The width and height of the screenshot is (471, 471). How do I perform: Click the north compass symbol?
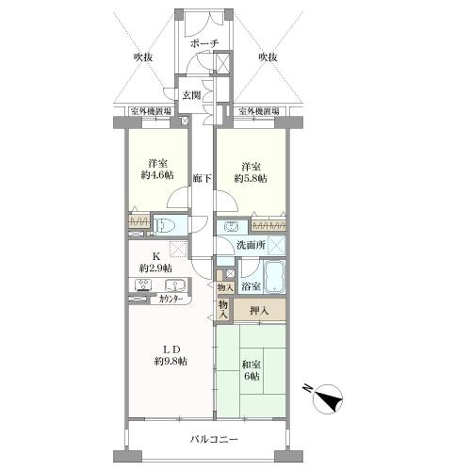click(328, 398)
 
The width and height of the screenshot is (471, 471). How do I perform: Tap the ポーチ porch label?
click(204, 43)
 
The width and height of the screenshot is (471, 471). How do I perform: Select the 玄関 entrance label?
click(191, 95)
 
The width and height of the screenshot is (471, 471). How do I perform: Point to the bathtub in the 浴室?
click(274, 276)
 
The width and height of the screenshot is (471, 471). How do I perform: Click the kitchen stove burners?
click(143, 285)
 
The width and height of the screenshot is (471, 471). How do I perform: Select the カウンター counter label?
click(171, 300)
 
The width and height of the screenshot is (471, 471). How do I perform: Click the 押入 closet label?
click(259, 311)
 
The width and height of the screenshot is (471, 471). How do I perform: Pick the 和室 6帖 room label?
click(251, 370)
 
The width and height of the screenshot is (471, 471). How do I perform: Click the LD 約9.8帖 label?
click(171, 355)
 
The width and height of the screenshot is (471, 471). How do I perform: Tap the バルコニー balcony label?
click(214, 439)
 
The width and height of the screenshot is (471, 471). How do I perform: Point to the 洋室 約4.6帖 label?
click(157, 170)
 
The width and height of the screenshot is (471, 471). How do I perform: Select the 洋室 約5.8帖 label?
click(251, 173)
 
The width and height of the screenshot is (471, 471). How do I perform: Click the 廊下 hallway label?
click(203, 178)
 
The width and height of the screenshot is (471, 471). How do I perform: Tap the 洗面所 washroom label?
click(251, 245)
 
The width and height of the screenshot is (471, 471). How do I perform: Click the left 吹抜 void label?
click(143, 57)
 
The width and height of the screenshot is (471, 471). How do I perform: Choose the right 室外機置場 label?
click(259, 111)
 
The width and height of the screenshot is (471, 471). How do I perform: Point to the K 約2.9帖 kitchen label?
click(155, 263)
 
